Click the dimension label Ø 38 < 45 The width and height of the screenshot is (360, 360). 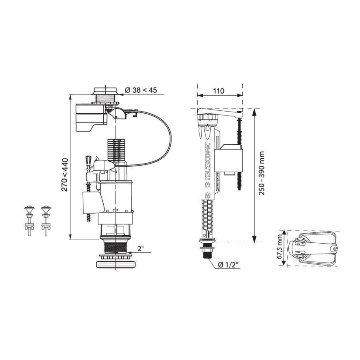pyautogui.click(x=141, y=90)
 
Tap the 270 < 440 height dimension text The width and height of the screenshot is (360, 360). pyautogui.click(x=65, y=175)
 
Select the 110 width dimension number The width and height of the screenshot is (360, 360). pyautogui.click(x=218, y=91)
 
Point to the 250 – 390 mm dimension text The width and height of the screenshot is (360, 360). pyautogui.click(x=262, y=173)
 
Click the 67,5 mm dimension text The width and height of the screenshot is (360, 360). pyautogui.click(x=280, y=246)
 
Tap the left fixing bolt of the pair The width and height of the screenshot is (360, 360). pyautogui.click(x=29, y=220)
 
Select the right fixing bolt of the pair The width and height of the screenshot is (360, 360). pyautogui.click(x=46, y=220)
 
